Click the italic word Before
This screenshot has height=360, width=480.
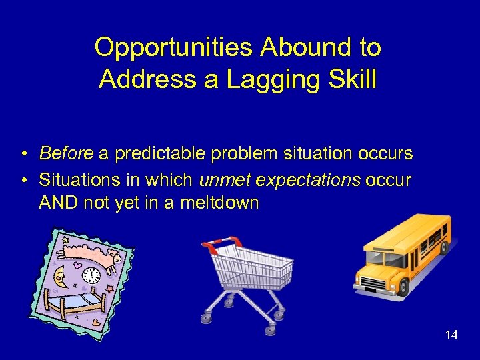66,154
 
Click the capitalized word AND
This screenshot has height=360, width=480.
59,203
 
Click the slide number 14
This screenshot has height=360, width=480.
451,335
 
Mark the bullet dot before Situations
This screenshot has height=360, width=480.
23,181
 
